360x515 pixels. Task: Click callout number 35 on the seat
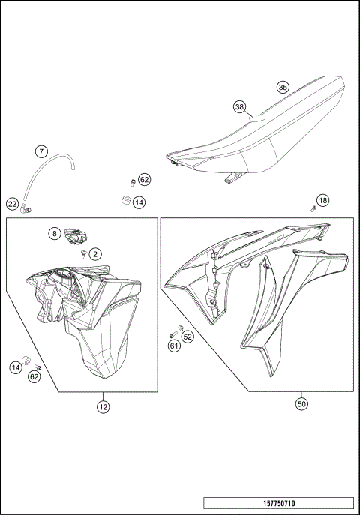[x=283, y=87]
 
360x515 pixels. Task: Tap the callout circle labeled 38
[x=239, y=107]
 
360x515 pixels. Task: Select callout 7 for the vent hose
[x=42, y=151]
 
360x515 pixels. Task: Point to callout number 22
[x=13, y=203]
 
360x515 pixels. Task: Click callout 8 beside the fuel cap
[x=55, y=233]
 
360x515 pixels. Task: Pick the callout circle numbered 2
[x=96, y=254]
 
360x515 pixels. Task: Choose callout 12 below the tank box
[x=103, y=407]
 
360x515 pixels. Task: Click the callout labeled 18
[x=323, y=200]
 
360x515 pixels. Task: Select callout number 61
[x=173, y=346]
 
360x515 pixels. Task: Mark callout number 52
[x=188, y=337]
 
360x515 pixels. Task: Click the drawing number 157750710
[x=278, y=503]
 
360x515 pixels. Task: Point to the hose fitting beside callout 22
[x=25, y=208]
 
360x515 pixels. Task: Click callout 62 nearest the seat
[x=145, y=180]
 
